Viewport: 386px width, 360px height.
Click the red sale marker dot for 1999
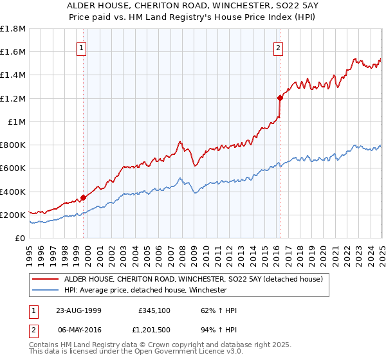tap(84, 198)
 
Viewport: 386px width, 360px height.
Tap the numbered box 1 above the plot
tap(82, 46)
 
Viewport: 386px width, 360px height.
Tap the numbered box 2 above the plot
tap(279, 46)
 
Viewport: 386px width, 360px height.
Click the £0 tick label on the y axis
tap(20, 238)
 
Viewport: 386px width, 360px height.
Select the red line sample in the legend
tap(46, 279)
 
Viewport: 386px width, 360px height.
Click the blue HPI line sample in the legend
tap(46, 291)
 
